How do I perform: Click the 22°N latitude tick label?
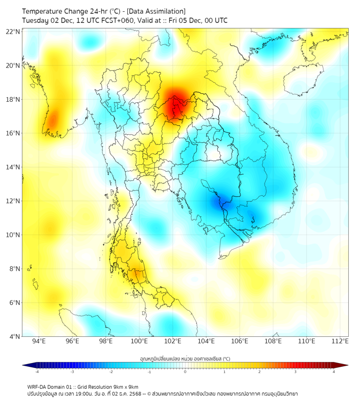coord(13,31)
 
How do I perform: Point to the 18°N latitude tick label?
coord(13,99)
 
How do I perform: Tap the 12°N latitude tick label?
coord(13,201)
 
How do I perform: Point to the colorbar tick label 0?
coord(185,372)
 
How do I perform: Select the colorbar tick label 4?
coord(334,372)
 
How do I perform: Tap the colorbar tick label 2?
coord(259,372)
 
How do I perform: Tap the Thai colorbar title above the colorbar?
coord(185,358)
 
